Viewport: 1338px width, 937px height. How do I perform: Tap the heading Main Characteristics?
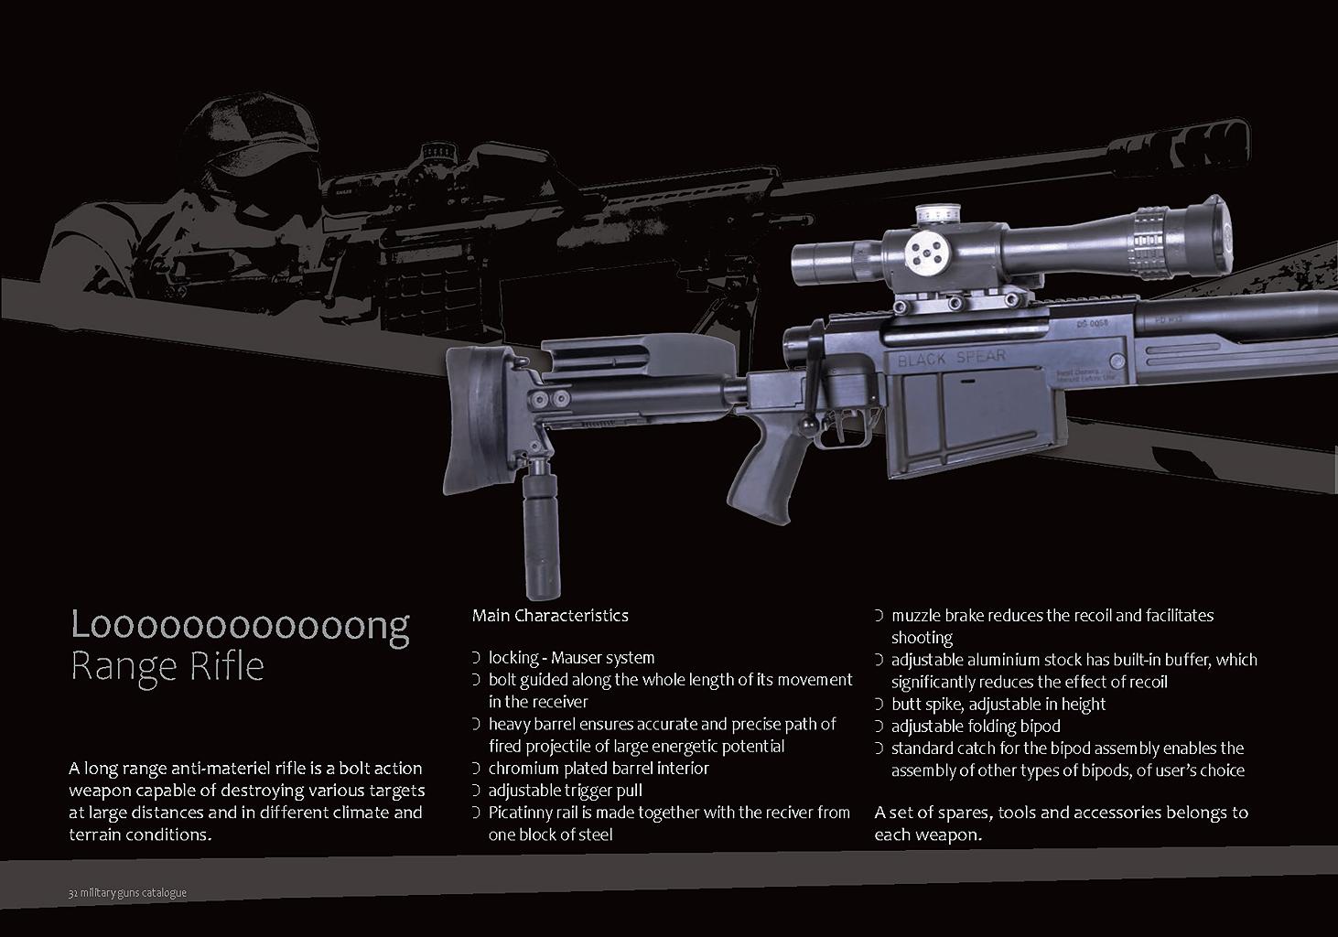pyautogui.click(x=550, y=616)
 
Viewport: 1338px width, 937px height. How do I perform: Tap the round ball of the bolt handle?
pyautogui.click(x=809, y=425)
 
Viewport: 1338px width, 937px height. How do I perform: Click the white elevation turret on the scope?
pyautogui.click(x=938, y=214)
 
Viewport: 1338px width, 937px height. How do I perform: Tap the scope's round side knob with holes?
pyautogui.click(x=926, y=253)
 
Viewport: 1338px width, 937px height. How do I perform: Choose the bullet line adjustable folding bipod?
pyautogui.click(x=976, y=727)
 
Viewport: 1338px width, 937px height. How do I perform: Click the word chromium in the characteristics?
pyautogui.click(x=523, y=769)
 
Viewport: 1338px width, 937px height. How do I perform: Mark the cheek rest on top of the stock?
pyautogui.click(x=639, y=354)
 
